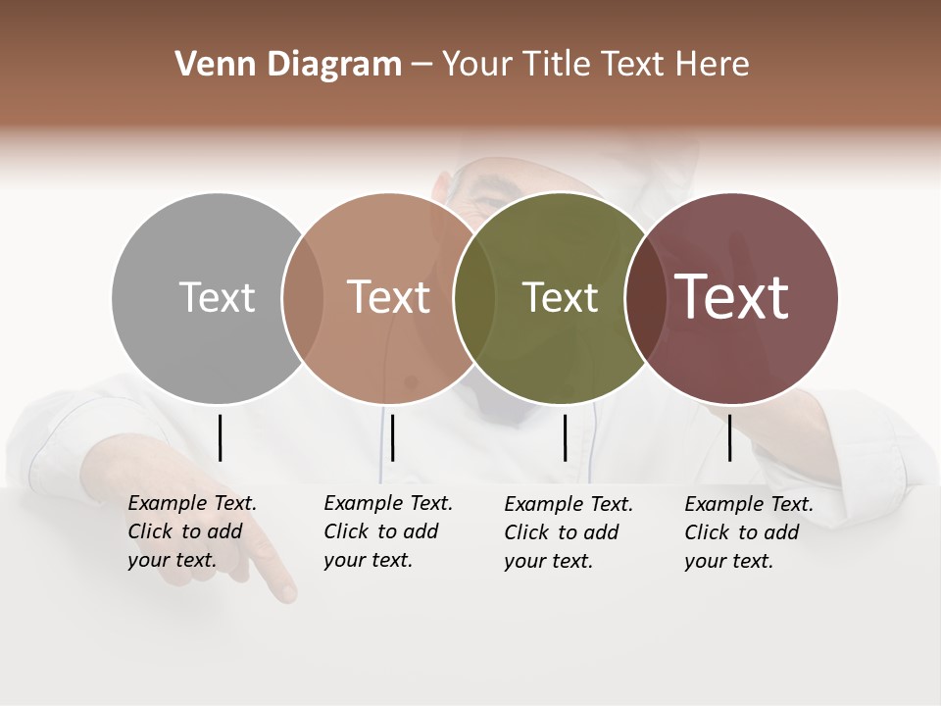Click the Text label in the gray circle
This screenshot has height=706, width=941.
217,297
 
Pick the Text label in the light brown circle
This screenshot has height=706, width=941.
389,297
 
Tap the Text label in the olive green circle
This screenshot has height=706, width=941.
560,297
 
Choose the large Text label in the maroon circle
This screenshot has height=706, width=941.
732,297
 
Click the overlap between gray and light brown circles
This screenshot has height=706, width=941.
303,297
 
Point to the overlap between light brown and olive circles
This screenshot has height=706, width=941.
475,297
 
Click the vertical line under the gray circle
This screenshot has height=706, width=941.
221,437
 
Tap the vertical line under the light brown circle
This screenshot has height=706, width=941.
392,437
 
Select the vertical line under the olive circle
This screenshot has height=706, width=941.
566,437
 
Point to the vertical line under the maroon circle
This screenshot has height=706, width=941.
730,437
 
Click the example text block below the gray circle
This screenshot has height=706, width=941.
192,531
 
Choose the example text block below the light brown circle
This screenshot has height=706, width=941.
388,531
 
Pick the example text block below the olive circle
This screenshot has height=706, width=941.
569,531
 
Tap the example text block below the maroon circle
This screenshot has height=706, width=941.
749,531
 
